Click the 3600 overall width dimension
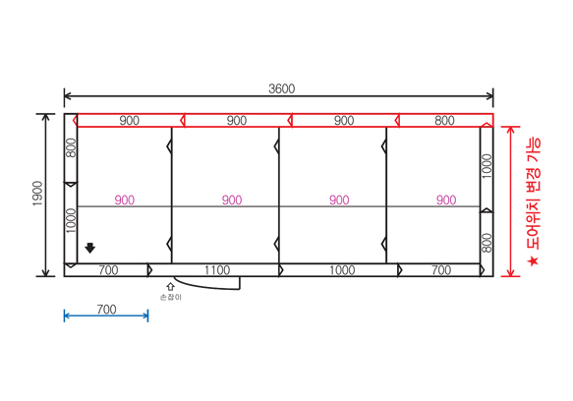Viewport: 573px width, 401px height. [281, 88]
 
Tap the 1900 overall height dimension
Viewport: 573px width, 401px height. [37, 194]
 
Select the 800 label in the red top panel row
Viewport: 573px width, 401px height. [444, 120]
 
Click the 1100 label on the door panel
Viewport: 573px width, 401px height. [217, 270]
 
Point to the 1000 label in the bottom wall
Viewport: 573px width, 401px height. [342, 270]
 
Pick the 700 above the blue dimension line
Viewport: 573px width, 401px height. [106, 310]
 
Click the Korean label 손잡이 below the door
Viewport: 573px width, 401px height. [171, 297]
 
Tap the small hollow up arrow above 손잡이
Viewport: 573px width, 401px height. [171, 287]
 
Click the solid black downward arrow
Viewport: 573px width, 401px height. [89, 248]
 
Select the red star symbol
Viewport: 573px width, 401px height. [533, 261]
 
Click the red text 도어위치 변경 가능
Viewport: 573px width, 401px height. [533, 194]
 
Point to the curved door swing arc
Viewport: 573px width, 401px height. [204, 287]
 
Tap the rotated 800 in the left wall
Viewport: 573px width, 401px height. [71, 147]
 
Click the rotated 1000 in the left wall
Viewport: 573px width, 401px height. [71, 221]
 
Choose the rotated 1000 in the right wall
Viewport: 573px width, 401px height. [487, 166]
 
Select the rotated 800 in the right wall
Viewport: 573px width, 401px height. [487, 243]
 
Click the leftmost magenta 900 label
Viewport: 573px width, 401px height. [125, 200]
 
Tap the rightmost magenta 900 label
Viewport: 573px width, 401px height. [446, 200]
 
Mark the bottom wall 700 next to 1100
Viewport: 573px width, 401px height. [108, 270]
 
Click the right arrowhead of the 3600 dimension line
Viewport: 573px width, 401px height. [492, 96]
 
